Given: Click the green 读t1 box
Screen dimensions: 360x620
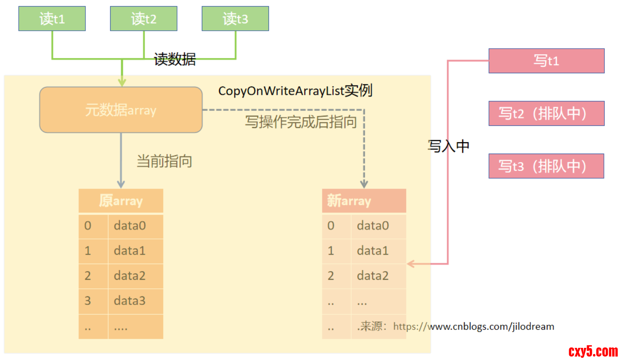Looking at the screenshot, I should (x=52, y=19).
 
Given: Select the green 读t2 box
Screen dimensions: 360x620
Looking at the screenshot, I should (x=144, y=19).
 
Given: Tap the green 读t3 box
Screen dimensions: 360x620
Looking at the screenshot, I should (x=235, y=19).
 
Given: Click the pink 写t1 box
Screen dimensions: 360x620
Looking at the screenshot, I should (x=546, y=61).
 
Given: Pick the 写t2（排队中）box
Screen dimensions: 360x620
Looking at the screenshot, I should (x=546, y=114).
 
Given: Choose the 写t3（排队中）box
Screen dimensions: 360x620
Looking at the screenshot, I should (x=546, y=166).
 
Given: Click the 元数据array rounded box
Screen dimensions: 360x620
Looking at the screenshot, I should (x=121, y=110).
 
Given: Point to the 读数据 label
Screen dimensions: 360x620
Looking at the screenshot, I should (x=175, y=59).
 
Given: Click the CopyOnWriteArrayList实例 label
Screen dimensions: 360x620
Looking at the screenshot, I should (x=295, y=91).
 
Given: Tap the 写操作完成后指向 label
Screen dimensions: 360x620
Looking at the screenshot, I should (x=301, y=122).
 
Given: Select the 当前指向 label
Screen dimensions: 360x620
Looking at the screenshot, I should (x=164, y=161).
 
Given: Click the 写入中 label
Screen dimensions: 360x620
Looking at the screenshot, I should (x=449, y=146).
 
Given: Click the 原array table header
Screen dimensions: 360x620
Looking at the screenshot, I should (x=121, y=201).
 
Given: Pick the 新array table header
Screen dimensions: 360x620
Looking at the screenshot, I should (x=364, y=201).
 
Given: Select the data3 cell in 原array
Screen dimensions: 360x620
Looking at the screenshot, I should (x=135, y=301).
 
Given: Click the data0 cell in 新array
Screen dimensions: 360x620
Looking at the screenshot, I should (x=378, y=226).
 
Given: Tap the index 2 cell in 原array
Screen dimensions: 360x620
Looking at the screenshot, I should (x=93, y=276).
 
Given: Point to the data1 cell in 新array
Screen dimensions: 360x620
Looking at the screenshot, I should (x=378, y=251).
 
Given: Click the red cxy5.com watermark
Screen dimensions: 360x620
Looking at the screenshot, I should (x=593, y=350).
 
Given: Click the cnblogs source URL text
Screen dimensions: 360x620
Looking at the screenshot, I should (x=473, y=327).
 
